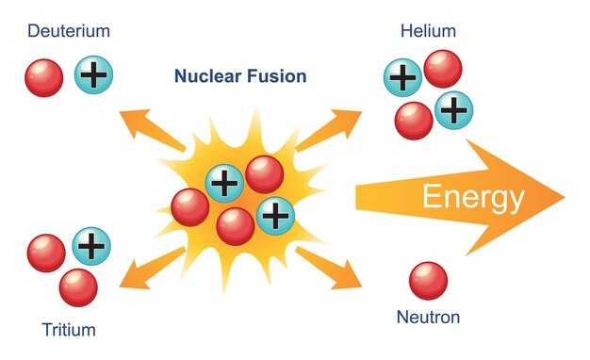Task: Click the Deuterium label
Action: click(x=69, y=31)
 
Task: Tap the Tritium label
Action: click(x=69, y=330)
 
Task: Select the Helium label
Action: click(x=428, y=31)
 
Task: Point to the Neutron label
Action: click(x=428, y=317)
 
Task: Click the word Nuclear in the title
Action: click(x=207, y=76)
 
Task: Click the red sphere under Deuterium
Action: click(x=44, y=78)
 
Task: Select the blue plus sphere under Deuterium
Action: click(x=93, y=74)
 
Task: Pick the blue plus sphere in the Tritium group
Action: click(x=91, y=246)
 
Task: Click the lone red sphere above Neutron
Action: click(x=428, y=281)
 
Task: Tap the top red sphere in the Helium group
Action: click(x=443, y=69)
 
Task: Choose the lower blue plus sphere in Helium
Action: click(x=453, y=110)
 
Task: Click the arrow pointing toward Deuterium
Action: click(x=152, y=129)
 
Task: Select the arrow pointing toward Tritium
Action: click(x=152, y=268)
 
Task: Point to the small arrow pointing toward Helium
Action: click(x=328, y=130)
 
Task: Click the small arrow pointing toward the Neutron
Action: click(x=328, y=268)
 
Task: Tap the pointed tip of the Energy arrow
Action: click(x=564, y=198)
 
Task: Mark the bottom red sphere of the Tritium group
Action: click(x=78, y=287)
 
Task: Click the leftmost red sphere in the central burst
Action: click(x=190, y=207)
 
